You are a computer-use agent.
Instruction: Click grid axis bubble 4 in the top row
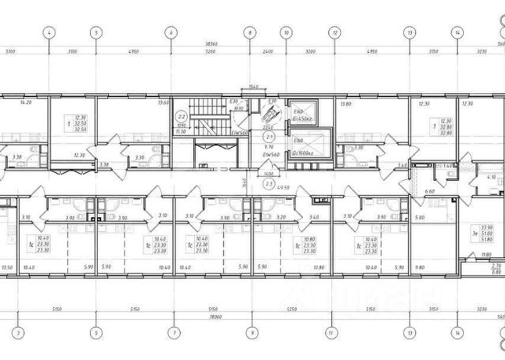(x=50, y=32)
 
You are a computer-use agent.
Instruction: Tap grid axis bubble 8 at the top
(x=249, y=32)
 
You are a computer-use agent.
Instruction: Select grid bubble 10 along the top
(x=286, y=32)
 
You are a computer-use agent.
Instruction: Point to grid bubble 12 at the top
(x=335, y=32)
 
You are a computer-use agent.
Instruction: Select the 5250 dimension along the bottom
(x=291, y=310)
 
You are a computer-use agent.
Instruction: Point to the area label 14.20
(x=24, y=103)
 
